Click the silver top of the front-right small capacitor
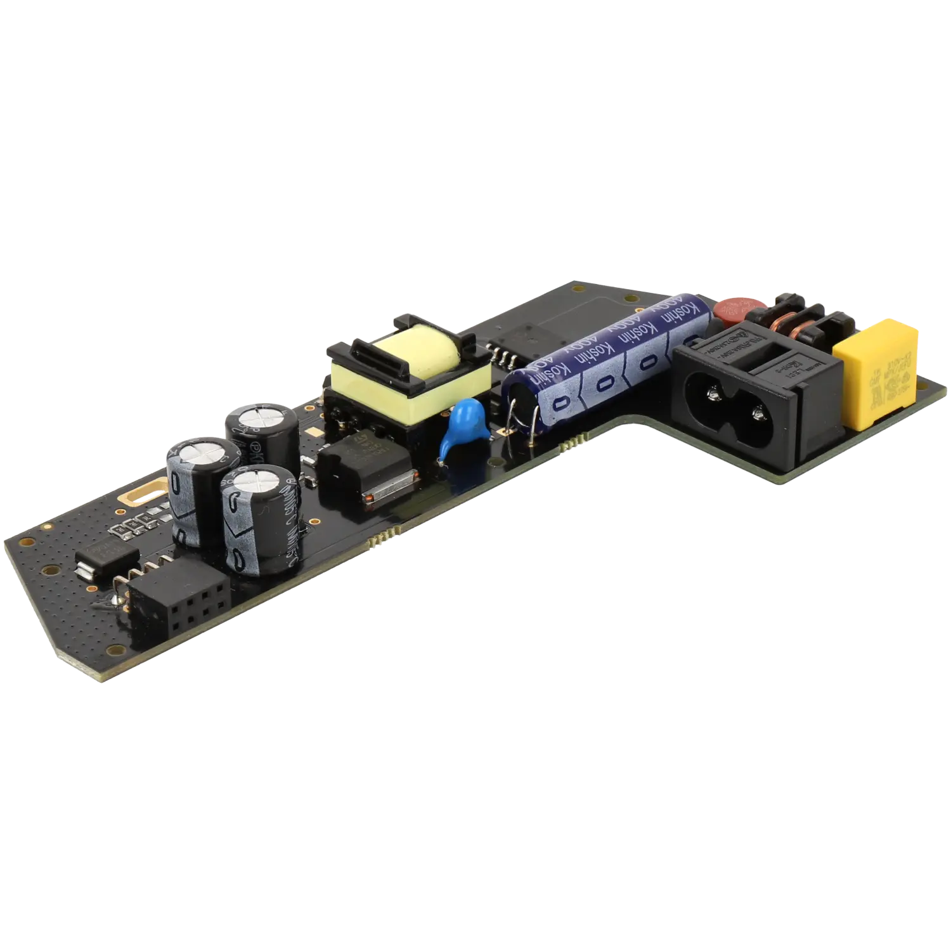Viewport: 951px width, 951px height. coord(256,484)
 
